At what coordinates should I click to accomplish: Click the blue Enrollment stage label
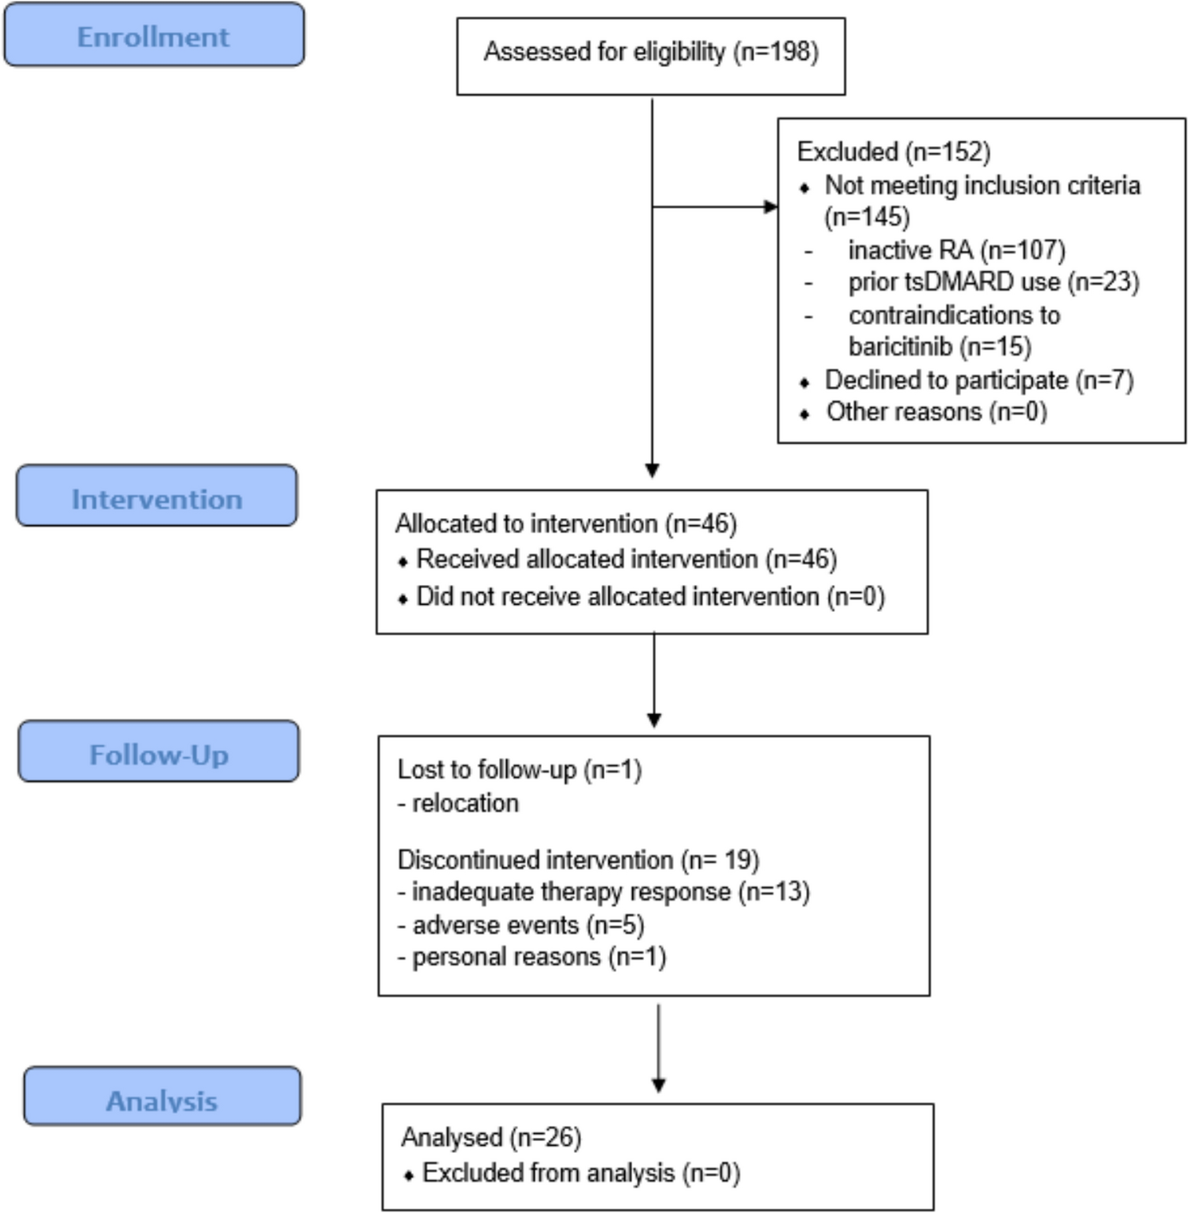(153, 36)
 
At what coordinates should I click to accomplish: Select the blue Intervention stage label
(157, 498)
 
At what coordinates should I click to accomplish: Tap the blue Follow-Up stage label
(158, 754)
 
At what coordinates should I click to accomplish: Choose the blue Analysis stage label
(161, 1099)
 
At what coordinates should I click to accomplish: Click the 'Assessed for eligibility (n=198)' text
(650, 52)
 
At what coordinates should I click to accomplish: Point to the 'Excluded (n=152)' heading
(893, 151)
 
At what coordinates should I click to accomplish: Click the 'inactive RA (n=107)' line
(956, 250)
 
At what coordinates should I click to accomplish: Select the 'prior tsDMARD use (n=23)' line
(993, 282)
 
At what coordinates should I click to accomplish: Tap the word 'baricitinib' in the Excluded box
(899, 346)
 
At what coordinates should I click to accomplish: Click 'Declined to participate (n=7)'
(978, 380)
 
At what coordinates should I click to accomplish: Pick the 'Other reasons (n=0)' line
(936, 412)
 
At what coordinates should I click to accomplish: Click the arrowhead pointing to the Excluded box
(770, 207)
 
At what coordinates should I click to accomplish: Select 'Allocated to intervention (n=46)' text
(566, 523)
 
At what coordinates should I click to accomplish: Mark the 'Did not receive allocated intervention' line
(649, 596)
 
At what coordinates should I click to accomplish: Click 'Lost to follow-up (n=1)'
(519, 769)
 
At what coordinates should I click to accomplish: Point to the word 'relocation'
(465, 803)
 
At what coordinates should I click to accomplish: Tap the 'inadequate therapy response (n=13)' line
(610, 892)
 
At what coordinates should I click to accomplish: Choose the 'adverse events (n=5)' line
(528, 925)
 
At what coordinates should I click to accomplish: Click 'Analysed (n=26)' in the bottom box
(491, 1137)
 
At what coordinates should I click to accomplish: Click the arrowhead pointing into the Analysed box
(658, 1085)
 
